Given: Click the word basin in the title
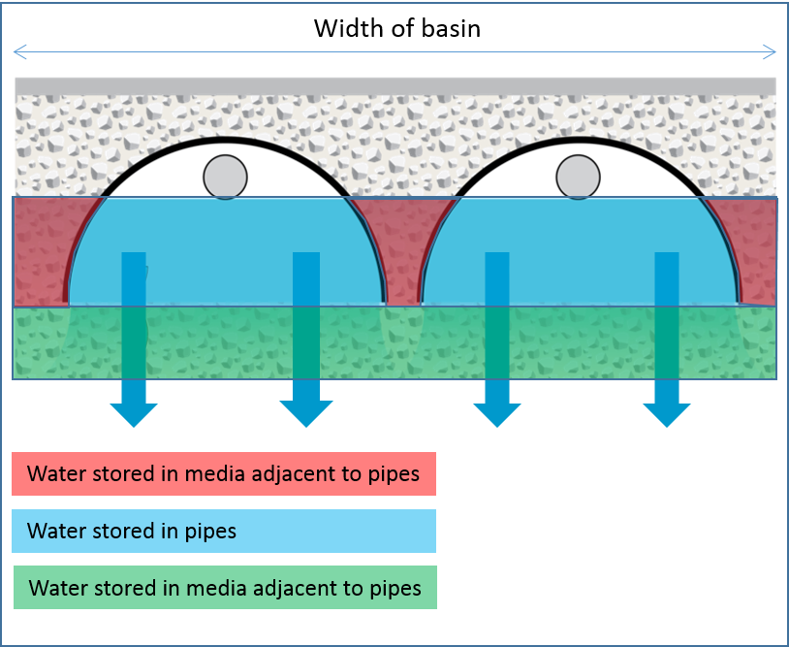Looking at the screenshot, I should point(449,28).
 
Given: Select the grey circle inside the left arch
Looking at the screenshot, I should point(225,178).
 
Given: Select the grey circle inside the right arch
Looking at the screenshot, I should point(578,178).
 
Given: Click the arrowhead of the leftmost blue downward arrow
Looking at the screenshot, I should point(134,413).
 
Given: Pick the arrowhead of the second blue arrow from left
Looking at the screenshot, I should point(305,413).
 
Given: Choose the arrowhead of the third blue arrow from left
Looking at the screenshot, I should point(496,413).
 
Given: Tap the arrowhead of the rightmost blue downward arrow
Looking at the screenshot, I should point(667,413).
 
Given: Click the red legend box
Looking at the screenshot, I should point(224,474).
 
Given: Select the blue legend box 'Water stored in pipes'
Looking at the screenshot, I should point(224,531).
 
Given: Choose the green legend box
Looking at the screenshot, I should point(224,588).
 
